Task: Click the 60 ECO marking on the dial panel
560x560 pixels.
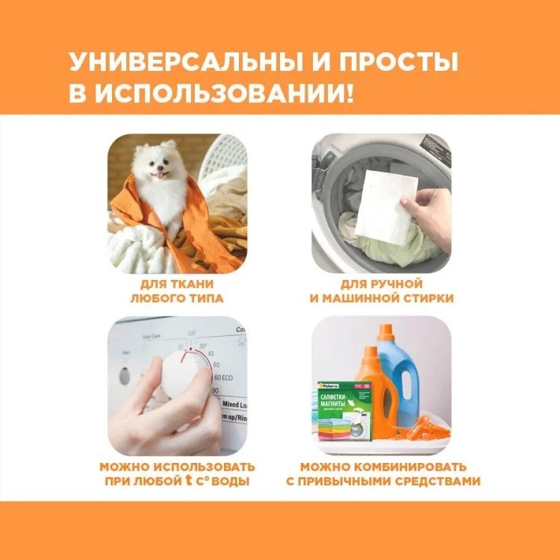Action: pyautogui.click(x=222, y=378)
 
